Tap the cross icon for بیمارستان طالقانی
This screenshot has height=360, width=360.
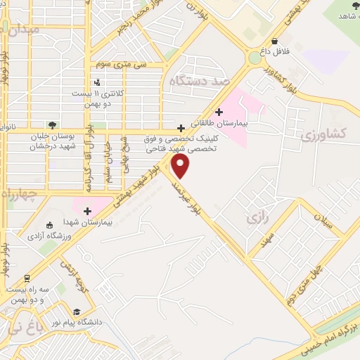219,112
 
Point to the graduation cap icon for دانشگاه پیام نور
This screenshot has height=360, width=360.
76,311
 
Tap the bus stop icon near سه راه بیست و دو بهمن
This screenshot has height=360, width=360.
27,278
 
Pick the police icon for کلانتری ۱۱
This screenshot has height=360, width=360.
86,84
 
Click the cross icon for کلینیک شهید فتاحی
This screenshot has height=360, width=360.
182,128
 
